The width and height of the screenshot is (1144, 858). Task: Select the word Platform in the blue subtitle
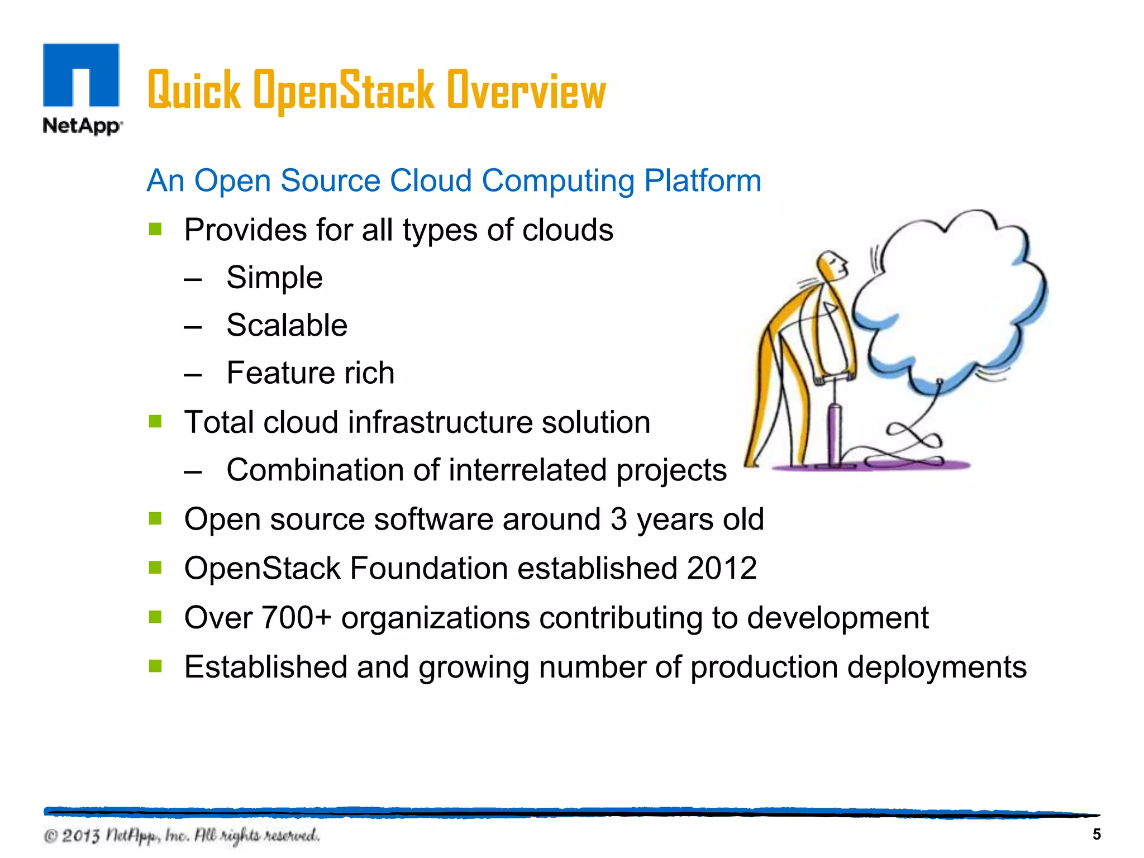pos(702,181)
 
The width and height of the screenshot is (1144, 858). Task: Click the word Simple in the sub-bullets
pos(274,278)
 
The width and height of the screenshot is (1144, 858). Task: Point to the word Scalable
pos(287,325)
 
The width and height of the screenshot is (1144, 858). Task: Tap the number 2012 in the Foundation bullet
pos(722,569)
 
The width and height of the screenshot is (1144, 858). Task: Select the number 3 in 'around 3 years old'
pos(618,519)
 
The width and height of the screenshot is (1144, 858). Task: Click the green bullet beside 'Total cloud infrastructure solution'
pos(155,421)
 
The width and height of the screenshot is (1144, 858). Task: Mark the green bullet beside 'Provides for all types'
pos(155,229)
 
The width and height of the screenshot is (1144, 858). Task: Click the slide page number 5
pos(1097,835)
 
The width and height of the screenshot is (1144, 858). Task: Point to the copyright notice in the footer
pos(182,836)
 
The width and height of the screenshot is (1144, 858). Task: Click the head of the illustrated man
pos(832,265)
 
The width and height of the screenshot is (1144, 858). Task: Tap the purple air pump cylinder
pos(835,430)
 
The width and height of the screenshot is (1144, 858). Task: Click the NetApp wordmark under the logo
pos(82,126)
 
